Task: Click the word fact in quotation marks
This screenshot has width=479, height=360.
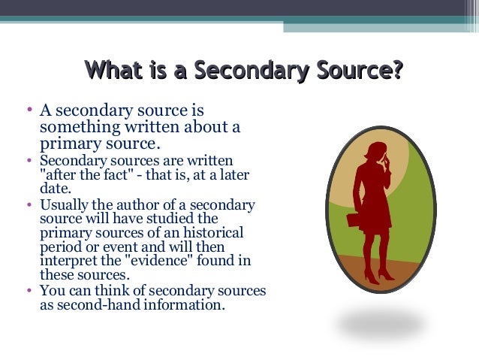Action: coord(98,175)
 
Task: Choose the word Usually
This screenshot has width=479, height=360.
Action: coord(65,205)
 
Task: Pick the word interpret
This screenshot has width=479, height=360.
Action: coord(68,261)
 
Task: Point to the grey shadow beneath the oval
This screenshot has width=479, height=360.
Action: coord(381,324)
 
